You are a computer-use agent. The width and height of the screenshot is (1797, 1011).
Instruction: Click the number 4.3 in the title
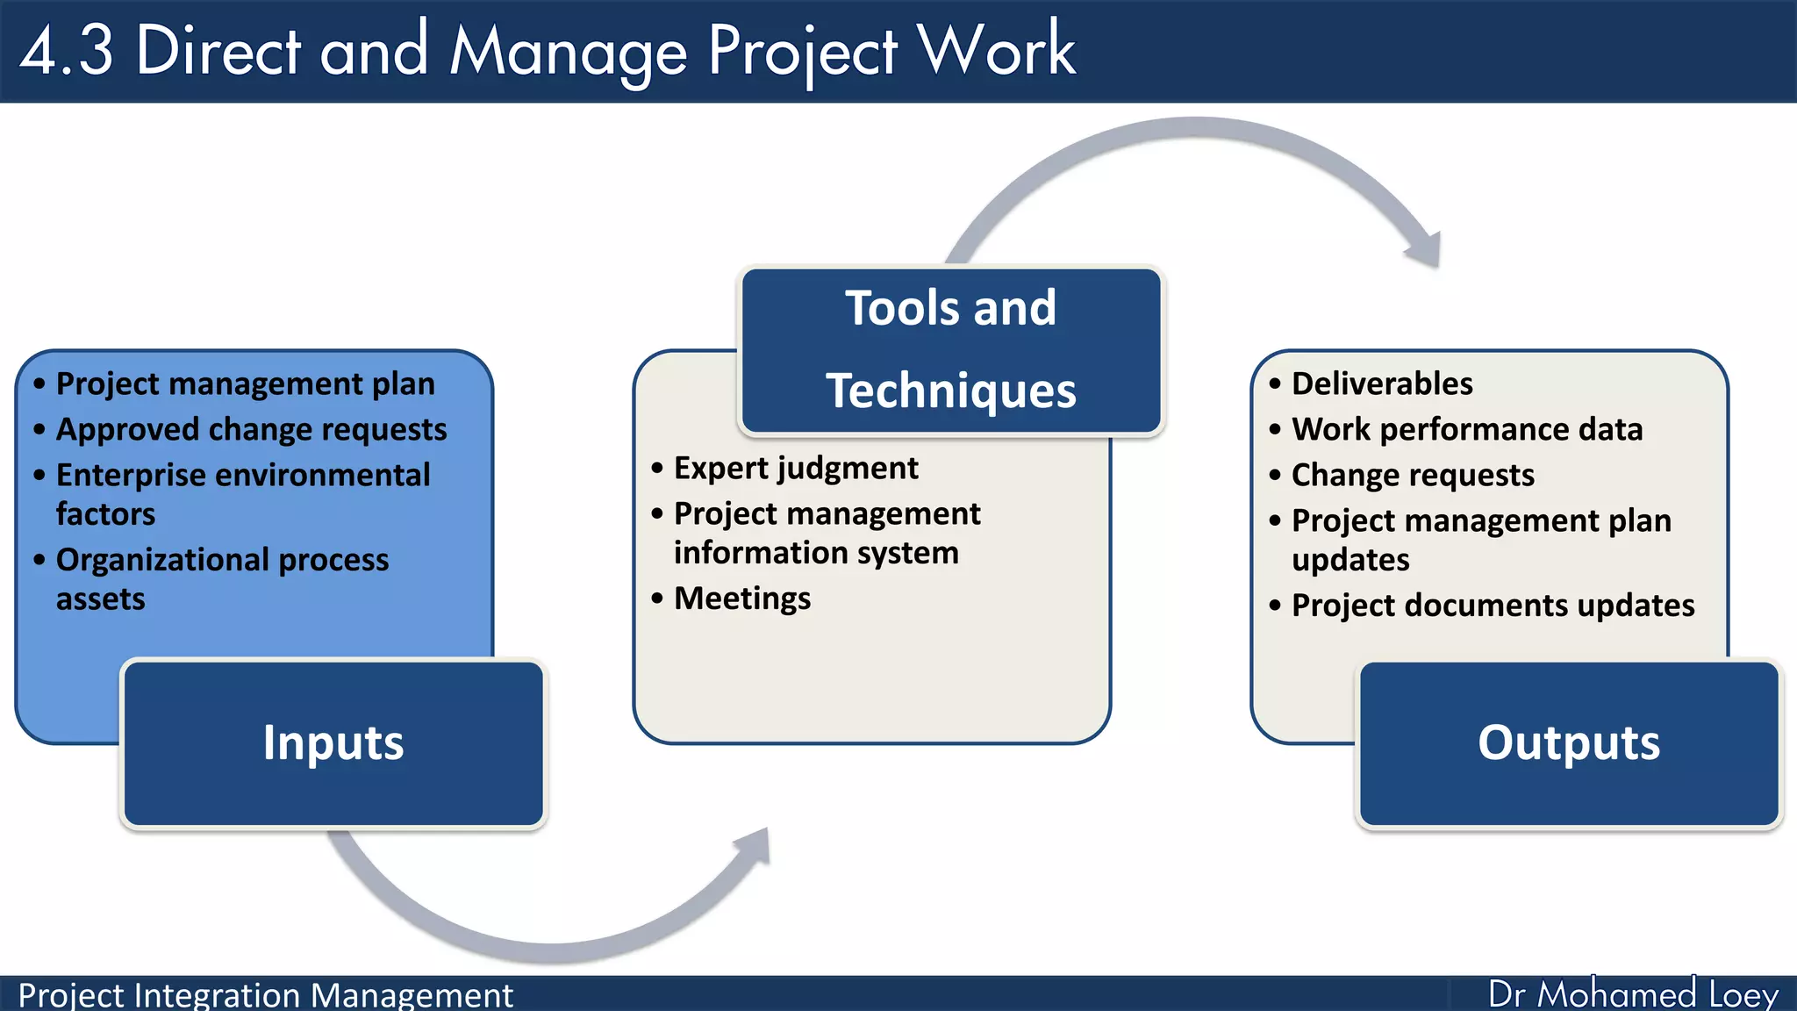pos(67,51)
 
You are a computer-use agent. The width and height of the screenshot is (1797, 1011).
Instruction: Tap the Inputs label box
pos(333,743)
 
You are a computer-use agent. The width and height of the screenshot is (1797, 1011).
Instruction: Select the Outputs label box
pos(1569,743)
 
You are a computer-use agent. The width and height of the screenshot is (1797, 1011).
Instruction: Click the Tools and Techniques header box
pos(951,349)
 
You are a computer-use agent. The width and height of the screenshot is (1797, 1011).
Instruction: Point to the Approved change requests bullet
pos(251,430)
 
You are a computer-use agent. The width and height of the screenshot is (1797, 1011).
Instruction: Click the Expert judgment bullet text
pos(796,469)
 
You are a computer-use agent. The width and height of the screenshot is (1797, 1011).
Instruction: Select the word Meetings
pos(742,599)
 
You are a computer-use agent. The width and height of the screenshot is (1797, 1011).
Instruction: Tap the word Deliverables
pos(1382,384)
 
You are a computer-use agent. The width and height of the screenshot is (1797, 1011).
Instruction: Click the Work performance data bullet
pos(1467,430)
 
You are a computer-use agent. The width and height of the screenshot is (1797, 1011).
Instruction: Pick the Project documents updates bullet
pos(1493,606)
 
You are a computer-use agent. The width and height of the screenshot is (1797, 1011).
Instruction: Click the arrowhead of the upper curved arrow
pos(1425,251)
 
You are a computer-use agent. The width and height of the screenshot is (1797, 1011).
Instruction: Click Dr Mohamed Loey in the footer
pos(1633,994)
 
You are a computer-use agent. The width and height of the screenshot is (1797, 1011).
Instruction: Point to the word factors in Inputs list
pos(105,514)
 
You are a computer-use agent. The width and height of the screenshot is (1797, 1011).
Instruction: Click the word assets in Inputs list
pos(100,599)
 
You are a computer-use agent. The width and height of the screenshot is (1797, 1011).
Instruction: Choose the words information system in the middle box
pos(816,553)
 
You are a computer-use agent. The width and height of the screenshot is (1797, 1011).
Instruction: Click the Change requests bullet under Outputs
pos(1413,476)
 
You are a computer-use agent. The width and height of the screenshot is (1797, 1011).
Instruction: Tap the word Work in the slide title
pos(997,51)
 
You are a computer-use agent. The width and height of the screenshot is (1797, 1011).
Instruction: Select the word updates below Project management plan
pos(1350,560)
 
